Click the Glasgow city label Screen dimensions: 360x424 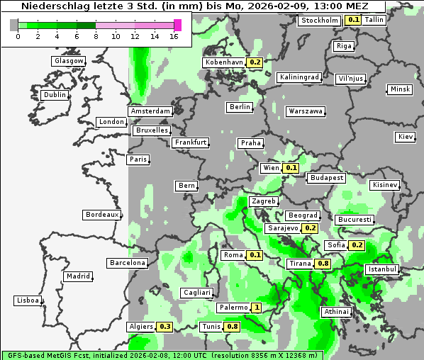click(69, 61)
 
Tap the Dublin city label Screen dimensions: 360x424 click(55, 95)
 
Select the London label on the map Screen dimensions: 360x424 click(111, 122)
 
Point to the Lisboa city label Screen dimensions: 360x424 click(28, 300)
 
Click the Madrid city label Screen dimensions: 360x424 click(78, 276)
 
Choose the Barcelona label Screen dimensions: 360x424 click(128, 263)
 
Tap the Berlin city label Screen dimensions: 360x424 click(240, 107)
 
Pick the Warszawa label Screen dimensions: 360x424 click(306, 111)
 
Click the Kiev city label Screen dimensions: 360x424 click(406, 137)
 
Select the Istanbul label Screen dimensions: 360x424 click(382, 269)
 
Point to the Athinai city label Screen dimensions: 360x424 click(336, 312)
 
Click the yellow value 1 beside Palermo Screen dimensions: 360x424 click(256, 308)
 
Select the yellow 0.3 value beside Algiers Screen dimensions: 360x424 click(165, 327)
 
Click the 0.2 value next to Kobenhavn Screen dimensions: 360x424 click(255, 62)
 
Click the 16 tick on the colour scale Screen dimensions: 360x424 click(174, 36)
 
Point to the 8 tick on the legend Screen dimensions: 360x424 click(95, 36)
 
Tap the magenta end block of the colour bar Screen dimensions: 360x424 click(177, 25)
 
